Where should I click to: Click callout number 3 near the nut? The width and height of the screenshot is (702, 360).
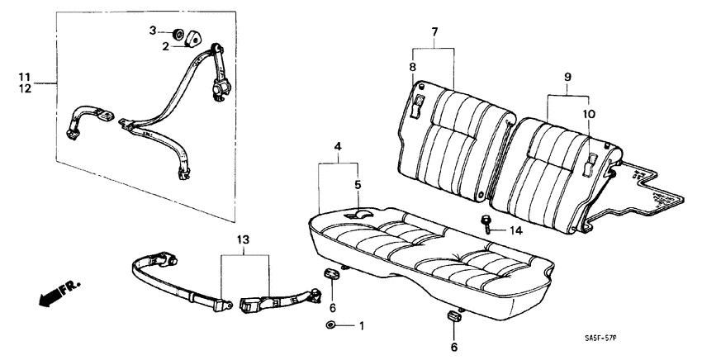152,31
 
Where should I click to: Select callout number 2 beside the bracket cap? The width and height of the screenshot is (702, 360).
165,47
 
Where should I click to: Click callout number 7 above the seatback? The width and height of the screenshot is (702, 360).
433,31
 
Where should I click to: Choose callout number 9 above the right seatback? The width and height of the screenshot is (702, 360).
567,77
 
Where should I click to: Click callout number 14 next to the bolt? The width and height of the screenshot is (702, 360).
517,230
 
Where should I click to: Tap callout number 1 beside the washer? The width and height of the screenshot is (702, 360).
360,326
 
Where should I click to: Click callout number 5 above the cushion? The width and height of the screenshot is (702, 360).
358,184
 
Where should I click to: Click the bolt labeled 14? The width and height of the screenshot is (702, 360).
486,223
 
